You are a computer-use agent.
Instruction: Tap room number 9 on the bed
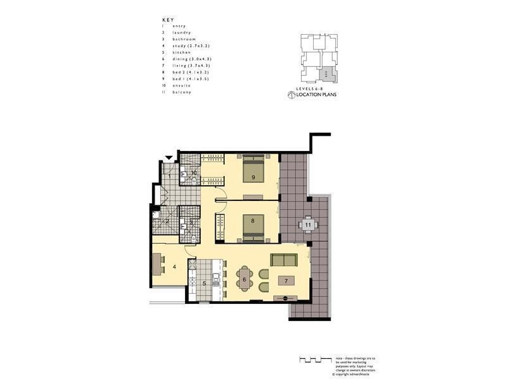(x=253, y=177)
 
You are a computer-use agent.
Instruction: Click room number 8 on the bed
(x=252, y=220)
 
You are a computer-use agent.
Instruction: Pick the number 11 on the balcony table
(x=308, y=224)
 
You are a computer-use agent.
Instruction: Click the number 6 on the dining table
(x=244, y=279)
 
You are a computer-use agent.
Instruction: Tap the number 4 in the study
(x=174, y=267)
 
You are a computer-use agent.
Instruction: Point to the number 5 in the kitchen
(x=204, y=283)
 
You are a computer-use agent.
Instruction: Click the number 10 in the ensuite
(x=194, y=172)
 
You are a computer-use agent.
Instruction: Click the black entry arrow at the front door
(x=169, y=158)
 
